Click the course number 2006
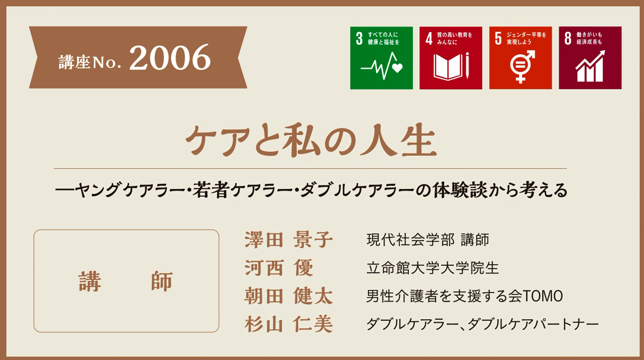click(x=170, y=58)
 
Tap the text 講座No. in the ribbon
click(x=90, y=62)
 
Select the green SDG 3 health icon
click(x=381, y=58)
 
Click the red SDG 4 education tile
click(x=451, y=58)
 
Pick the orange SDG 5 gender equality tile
click(x=520, y=58)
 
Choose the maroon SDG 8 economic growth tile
click(x=590, y=58)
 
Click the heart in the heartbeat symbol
click(x=398, y=68)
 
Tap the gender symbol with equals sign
click(x=522, y=66)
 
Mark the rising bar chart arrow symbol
click(x=590, y=66)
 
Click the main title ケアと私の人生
click(x=311, y=141)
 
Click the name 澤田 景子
click(x=288, y=240)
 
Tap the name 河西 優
click(x=279, y=268)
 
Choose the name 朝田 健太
click(x=288, y=296)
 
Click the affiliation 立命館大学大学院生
click(x=432, y=268)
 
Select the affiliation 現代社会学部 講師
click(x=428, y=240)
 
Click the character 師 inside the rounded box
click(x=162, y=281)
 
